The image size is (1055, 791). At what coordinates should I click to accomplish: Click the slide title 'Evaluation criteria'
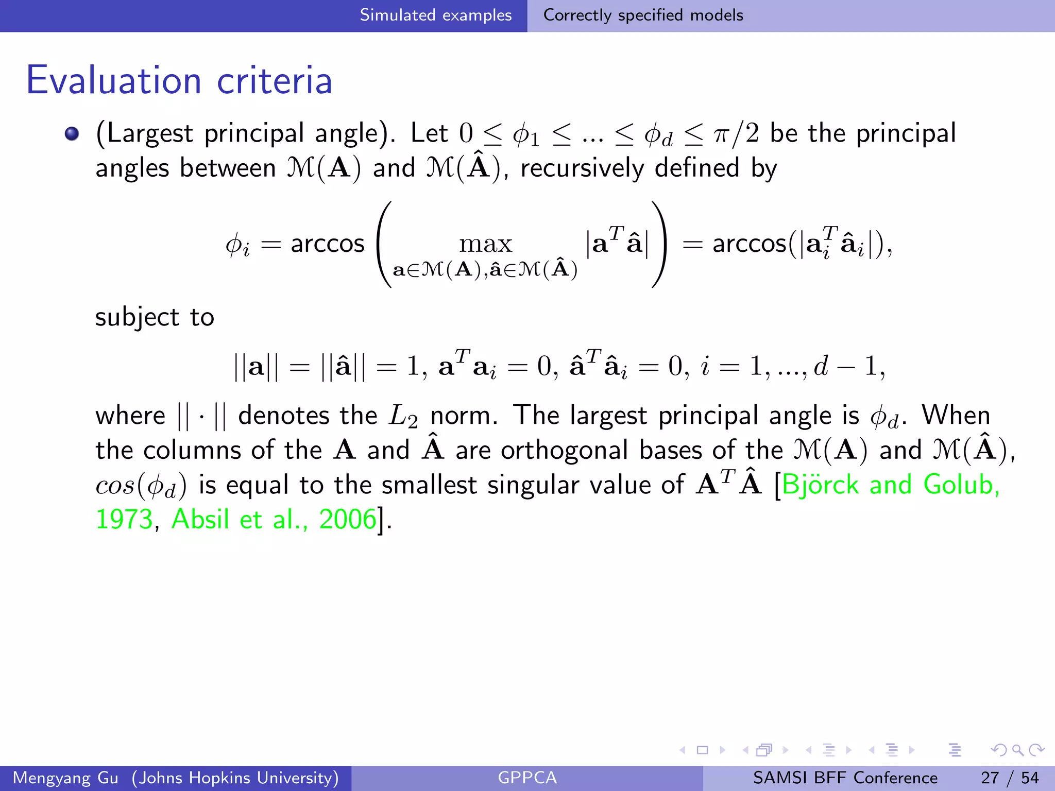(x=179, y=81)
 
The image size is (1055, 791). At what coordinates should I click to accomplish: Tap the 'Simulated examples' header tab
(x=435, y=15)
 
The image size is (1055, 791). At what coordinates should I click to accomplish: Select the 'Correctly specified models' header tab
(x=643, y=15)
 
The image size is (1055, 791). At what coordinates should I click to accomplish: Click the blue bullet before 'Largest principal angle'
(x=72, y=134)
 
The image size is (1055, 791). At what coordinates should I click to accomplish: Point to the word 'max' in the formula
(x=485, y=244)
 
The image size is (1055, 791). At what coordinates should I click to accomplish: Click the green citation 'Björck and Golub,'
(x=890, y=485)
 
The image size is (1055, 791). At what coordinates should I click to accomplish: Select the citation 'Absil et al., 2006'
(x=274, y=519)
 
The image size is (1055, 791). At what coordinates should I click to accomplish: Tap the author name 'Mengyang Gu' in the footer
(x=65, y=778)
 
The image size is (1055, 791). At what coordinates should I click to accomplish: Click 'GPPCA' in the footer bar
(x=527, y=778)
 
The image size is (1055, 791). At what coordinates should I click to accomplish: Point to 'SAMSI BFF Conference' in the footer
(x=845, y=778)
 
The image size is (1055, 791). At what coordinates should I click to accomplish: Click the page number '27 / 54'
(x=1010, y=778)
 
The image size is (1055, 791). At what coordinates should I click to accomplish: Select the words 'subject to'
(x=155, y=317)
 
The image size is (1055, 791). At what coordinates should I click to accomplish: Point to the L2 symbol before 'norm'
(x=403, y=416)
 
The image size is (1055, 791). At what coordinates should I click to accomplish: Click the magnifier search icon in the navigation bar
(x=1017, y=750)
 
